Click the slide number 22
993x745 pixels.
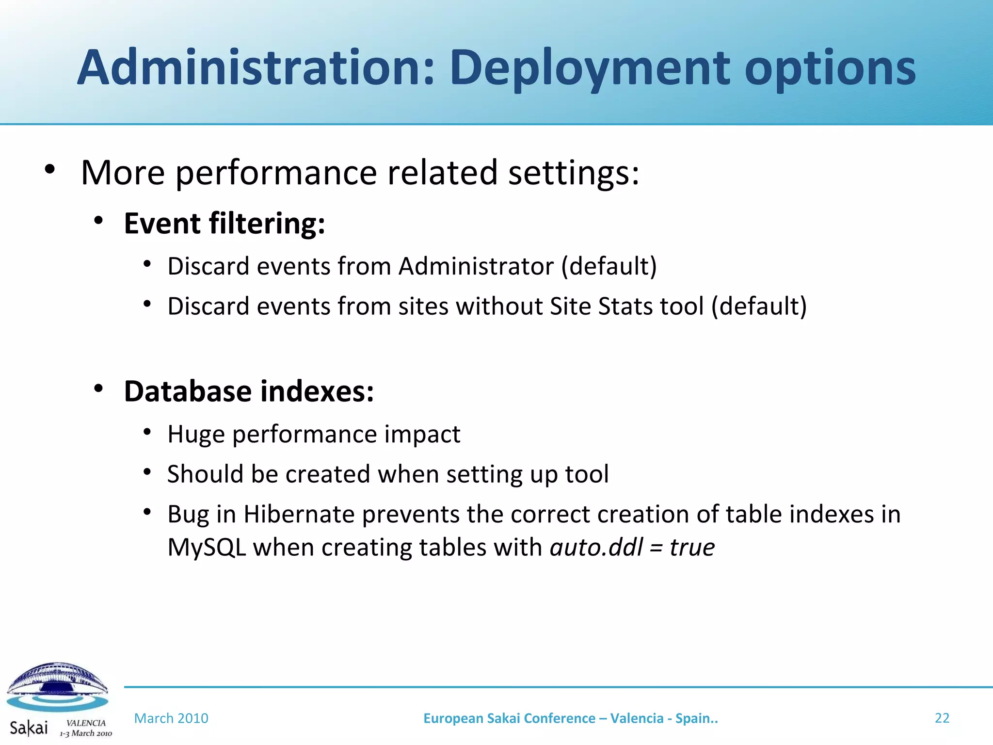(942, 718)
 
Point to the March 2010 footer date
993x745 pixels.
(171, 718)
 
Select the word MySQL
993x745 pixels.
(207, 548)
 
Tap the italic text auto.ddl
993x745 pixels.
(596, 548)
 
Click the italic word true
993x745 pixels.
(692, 548)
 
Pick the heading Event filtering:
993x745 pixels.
(224, 224)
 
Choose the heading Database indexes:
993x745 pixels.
(249, 391)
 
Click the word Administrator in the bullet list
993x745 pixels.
(476, 266)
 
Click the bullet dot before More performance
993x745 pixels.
(49, 170)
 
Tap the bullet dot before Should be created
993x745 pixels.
(148, 472)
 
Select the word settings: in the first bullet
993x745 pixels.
(574, 173)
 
